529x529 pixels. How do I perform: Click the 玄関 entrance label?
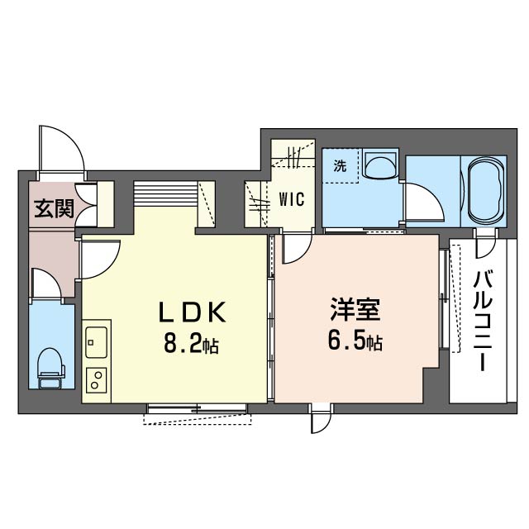coord(54,208)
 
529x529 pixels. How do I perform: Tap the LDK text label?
coord(191,312)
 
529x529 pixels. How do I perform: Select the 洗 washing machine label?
coord(340,164)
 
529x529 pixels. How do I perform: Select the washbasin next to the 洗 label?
coord(379,166)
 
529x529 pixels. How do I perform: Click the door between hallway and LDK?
coord(99,260)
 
